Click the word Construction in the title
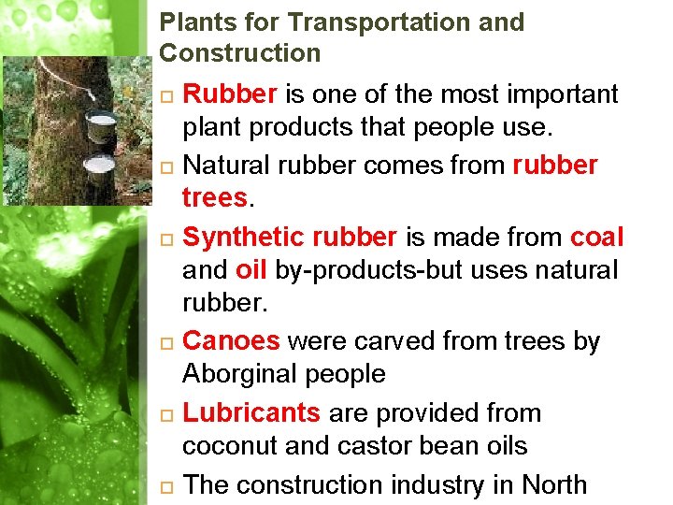(x=240, y=53)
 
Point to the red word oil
(x=251, y=271)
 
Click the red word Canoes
(x=231, y=342)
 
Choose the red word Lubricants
(x=251, y=413)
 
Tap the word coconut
(x=230, y=447)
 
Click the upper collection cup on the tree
(x=98, y=126)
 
